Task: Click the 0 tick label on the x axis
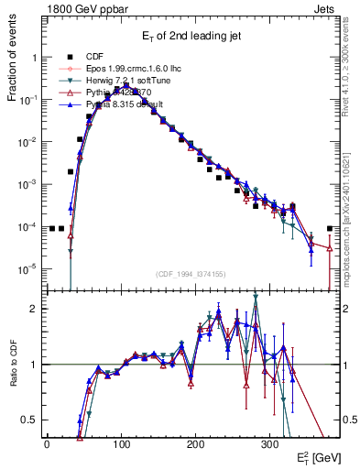[47, 443]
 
